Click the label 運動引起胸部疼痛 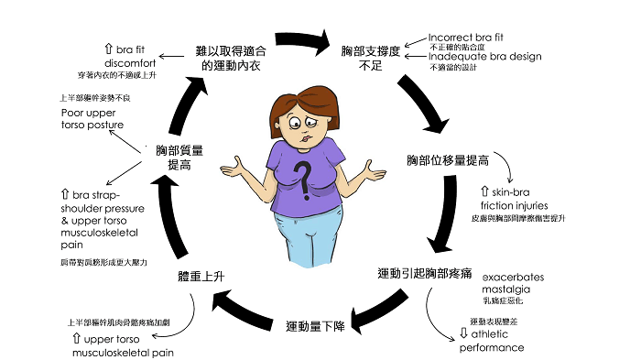click(423, 274)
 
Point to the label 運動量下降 click(315, 326)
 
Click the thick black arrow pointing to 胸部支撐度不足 click(301, 39)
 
